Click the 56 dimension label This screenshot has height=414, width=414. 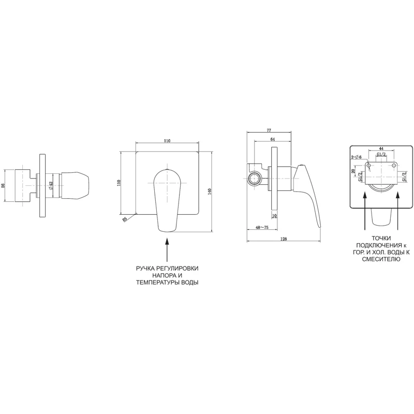click(4, 185)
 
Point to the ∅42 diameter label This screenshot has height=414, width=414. click(51, 185)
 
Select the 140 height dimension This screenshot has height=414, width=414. click(210, 191)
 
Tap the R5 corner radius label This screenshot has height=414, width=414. click(125, 219)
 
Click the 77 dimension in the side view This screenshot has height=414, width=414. click(269, 130)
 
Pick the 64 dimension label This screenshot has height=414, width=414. click(273, 139)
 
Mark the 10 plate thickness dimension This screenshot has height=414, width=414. click(274, 216)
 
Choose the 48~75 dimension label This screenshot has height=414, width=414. click(262, 227)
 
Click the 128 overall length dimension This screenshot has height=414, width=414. click(284, 239)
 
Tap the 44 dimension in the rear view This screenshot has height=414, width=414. click(381, 149)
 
